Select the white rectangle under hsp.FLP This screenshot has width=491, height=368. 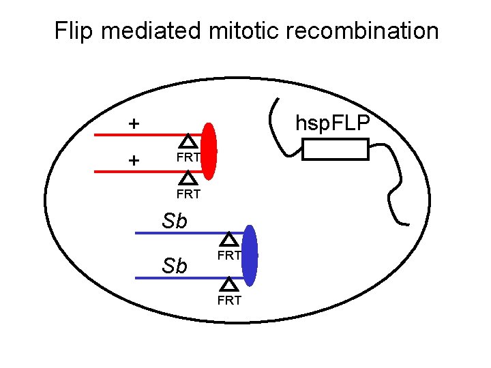(x=335, y=149)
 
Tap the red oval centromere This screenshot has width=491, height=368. (x=209, y=153)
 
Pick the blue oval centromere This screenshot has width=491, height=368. (x=250, y=255)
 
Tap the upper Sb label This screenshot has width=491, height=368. (x=175, y=221)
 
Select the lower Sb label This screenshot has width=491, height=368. (x=175, y=265)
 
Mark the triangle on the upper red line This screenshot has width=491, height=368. (x=189, y=142)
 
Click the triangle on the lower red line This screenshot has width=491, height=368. (x=189, y=179)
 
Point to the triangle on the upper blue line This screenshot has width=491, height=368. (x=230, y=239)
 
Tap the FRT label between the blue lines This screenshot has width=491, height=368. (x=229, y=256)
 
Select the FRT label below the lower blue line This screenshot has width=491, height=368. (x=229, y=300)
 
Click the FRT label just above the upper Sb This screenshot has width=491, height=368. (x=188, y=194)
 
